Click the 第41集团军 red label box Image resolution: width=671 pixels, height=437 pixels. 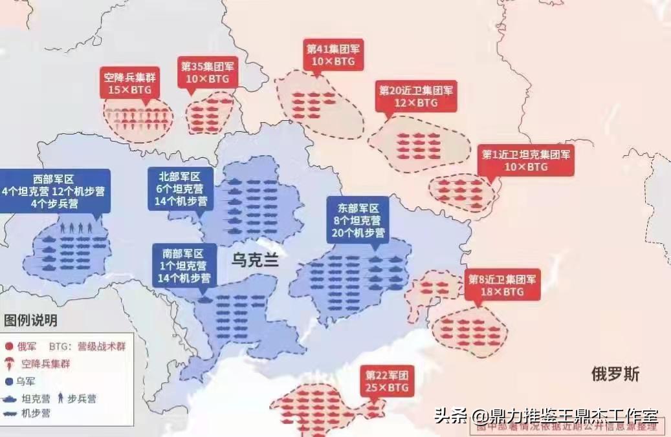333,54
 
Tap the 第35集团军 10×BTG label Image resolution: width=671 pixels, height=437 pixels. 207,72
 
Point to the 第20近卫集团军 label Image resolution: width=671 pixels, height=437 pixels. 416,96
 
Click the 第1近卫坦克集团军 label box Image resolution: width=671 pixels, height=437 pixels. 527,160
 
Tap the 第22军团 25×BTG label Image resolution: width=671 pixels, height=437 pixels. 388,381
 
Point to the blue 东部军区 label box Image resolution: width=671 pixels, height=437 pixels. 358,220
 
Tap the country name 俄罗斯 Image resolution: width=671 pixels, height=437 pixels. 616,374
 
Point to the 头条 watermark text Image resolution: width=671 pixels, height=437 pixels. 451,415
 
